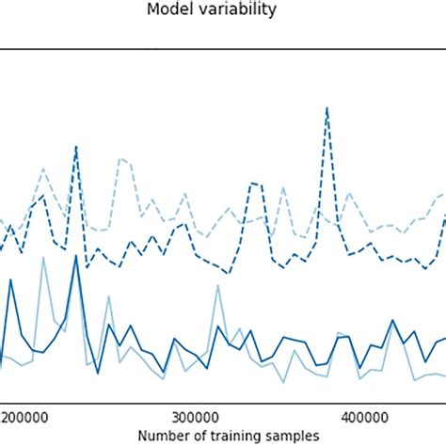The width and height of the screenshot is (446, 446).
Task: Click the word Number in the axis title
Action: click(162, 435)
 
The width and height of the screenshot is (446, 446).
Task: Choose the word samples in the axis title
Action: click(291, 435)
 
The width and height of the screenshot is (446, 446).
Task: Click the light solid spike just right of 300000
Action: click(217, 287)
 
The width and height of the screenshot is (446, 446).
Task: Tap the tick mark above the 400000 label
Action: click(364, 402)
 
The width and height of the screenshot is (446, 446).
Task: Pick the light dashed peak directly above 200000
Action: click(42, 169)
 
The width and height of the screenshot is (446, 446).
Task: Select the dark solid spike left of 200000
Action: click(11, 279)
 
